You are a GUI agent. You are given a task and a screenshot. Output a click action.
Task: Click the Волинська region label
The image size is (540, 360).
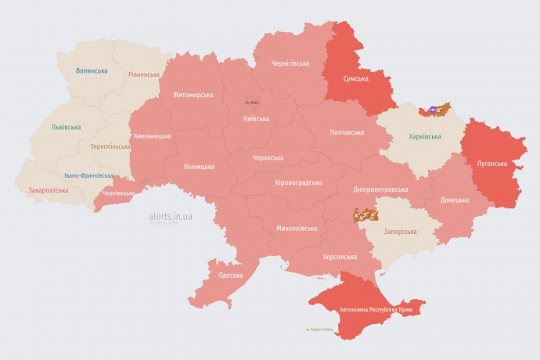click(x=92, y=70)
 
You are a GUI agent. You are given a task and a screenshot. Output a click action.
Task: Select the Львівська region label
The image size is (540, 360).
click(x=65, y=127)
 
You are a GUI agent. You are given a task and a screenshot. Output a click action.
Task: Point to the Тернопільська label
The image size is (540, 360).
click(x=110, y=146)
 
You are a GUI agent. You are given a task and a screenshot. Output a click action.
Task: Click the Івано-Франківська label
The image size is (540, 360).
click(x=88, y=175)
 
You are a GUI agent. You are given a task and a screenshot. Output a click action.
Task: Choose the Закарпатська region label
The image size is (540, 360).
click(x=47, y=189)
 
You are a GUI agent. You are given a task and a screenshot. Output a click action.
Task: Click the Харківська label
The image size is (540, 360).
click(x=425, y=137)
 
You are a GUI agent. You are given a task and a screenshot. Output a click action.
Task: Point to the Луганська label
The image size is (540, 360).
click(x=492, y=164)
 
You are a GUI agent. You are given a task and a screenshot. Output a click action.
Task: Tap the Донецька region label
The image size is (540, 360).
click(x=455, y=200)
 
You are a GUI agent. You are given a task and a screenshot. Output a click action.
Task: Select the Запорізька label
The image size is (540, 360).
click(x=400, y=232)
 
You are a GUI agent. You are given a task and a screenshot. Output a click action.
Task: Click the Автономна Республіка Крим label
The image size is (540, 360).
click(x=376, y=310)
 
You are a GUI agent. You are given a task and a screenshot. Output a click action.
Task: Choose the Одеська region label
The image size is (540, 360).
click(x=230, y=275)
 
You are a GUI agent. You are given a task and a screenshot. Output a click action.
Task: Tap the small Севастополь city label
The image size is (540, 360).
click(x=320, y=329)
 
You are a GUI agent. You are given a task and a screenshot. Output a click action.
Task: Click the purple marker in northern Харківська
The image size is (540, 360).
click(x=435, y=110)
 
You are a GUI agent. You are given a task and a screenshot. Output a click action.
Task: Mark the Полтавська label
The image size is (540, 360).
click(x=347, y=132)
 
